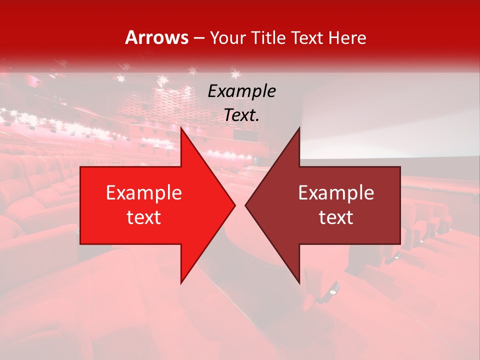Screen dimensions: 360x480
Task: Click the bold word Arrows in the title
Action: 157,37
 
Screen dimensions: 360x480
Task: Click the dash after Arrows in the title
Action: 198,38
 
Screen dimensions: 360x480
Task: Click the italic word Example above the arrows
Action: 241,91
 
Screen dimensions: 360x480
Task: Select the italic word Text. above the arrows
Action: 241,115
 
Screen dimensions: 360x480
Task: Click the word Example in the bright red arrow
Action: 143,192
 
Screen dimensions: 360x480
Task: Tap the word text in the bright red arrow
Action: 143,217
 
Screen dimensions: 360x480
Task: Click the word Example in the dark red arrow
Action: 336,192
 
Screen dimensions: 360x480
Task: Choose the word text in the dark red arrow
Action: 336,217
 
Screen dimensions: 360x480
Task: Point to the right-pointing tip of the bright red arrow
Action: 234,205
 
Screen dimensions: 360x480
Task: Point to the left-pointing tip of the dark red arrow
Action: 246,205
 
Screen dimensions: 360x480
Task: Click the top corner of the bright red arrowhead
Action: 181,128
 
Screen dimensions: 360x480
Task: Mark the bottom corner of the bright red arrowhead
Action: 181,282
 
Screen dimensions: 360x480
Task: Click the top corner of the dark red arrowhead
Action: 299,128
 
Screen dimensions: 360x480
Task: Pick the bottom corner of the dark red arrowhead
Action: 299,282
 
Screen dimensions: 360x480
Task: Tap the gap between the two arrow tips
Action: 240,205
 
